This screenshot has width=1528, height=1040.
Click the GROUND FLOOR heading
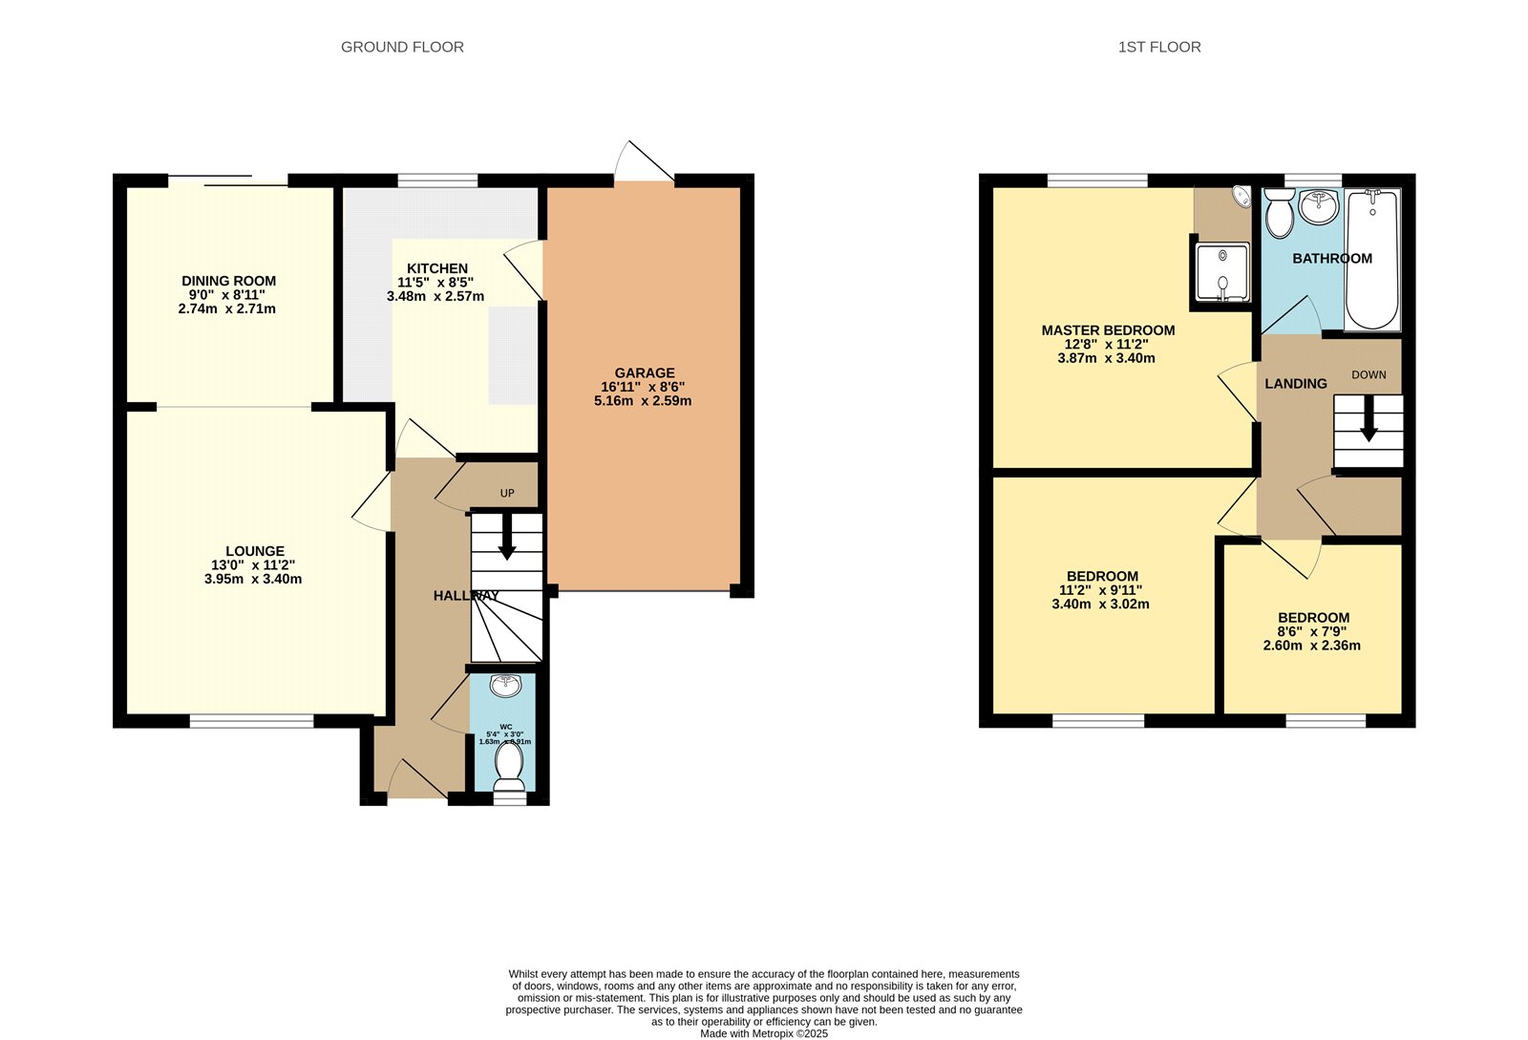pos(402,47)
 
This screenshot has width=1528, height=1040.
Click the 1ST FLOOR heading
pos(1159,47)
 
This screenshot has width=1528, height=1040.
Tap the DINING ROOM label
pos(229,281)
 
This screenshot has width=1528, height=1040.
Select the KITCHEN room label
pos(437,268)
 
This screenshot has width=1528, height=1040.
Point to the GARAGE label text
pos(645,373)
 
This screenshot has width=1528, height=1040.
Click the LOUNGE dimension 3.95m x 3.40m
pos(253,579)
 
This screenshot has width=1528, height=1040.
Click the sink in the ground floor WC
pos(503,686)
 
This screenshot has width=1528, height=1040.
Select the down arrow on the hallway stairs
pos(507,538)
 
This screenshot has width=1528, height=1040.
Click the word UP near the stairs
pos(507,494)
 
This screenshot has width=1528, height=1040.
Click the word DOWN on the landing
pos(1369,375)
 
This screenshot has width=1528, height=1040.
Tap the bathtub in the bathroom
pos(1372,259)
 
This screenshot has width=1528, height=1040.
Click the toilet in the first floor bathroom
pos(1279,213)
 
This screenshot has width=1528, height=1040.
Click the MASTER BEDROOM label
pos(1108,330)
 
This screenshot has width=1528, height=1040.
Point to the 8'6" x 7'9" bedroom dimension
pos(1312,631)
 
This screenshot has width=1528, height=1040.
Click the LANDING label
pos(1296,384)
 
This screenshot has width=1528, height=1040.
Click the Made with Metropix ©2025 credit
pos(764,1033)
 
